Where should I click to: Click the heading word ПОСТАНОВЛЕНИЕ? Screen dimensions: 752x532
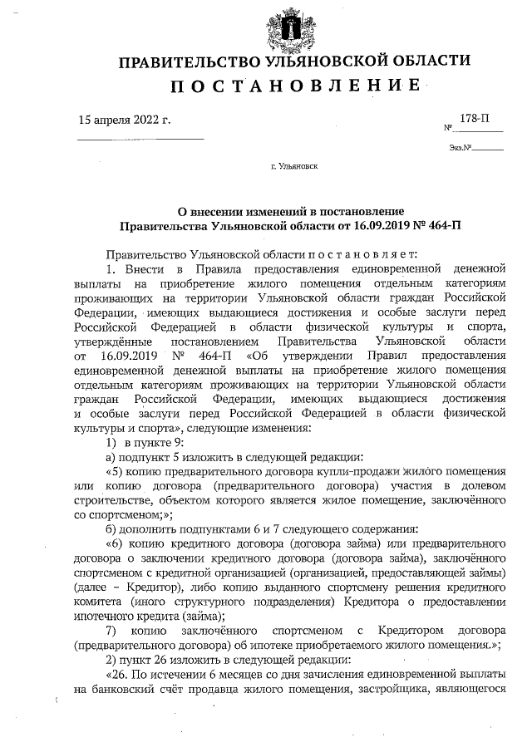293,86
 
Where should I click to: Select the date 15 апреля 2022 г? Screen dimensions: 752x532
123,120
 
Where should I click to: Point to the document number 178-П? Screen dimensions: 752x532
475,120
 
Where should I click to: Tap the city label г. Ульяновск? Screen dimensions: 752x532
293,166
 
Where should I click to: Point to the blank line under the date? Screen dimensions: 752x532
140,139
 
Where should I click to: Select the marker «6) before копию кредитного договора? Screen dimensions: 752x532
116,543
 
